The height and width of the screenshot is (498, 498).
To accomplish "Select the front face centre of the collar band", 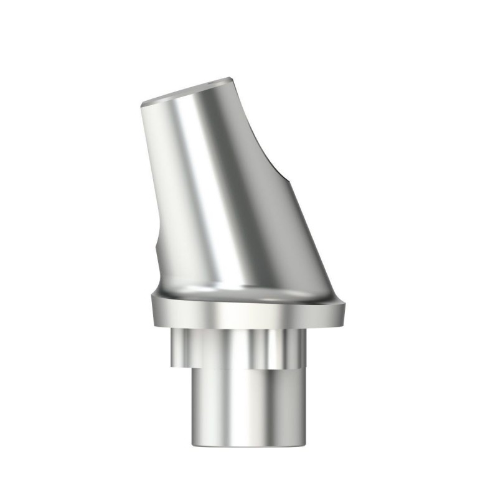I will [249, 317].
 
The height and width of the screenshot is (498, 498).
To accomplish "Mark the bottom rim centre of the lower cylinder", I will [249, 445].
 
